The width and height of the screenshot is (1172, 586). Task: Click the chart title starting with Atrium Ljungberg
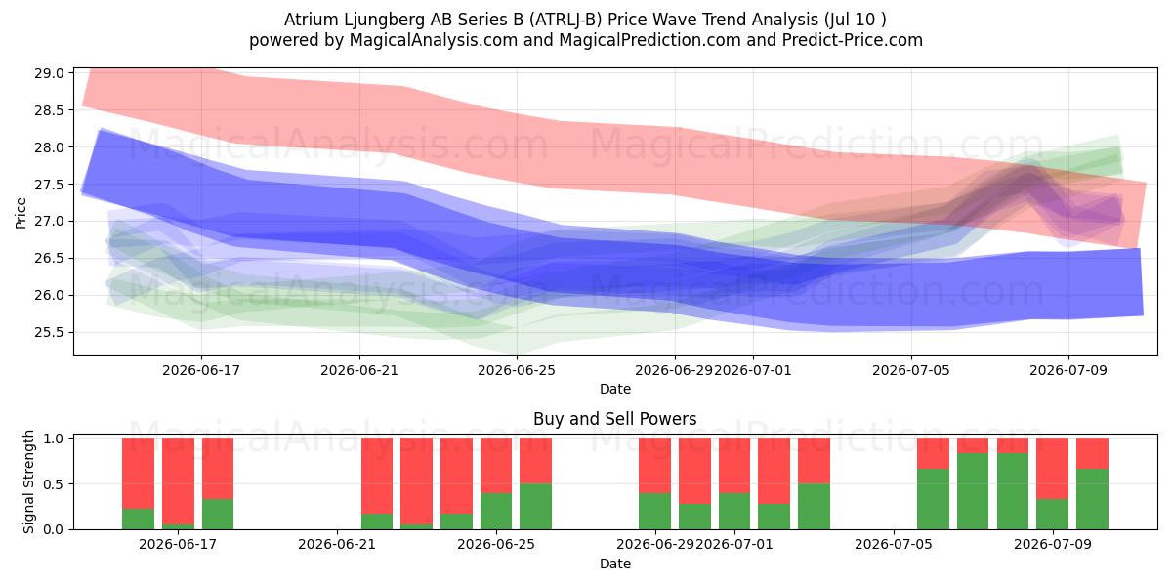585,20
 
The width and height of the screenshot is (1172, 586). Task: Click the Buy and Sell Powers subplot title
614,419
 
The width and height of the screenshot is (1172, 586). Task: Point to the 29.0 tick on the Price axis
49,73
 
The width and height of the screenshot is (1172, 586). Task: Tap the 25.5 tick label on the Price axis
49,332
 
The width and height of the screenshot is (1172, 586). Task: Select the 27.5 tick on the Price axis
49,185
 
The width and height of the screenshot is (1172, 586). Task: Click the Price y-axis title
21,213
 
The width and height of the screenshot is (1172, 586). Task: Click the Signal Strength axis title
28,481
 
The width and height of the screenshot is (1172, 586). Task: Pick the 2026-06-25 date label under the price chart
517,370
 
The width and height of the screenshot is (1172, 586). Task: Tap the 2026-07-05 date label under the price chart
911,370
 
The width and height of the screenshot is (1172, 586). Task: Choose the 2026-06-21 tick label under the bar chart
337,545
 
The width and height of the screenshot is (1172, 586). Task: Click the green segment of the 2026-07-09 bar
1052,515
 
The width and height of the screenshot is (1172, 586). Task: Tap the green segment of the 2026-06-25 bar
496,511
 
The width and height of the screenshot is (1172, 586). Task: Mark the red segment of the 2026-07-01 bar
734,465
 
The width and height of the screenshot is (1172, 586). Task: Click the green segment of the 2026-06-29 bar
654,511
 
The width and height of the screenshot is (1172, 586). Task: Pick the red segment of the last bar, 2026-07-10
1092,453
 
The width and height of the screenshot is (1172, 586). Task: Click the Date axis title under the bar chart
614,564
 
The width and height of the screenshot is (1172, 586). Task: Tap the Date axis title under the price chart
614,389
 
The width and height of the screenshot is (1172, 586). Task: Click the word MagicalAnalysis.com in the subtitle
434,40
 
